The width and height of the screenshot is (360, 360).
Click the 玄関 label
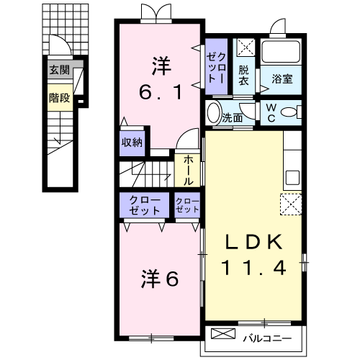click(59, 70)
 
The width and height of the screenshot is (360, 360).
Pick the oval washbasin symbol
click(214, 113)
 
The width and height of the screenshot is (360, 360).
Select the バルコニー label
click(266, 336)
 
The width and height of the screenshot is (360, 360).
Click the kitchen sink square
click(292, 177)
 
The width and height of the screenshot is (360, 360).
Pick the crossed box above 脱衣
click(246, 48)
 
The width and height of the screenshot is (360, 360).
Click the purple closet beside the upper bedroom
click(218, 66)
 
